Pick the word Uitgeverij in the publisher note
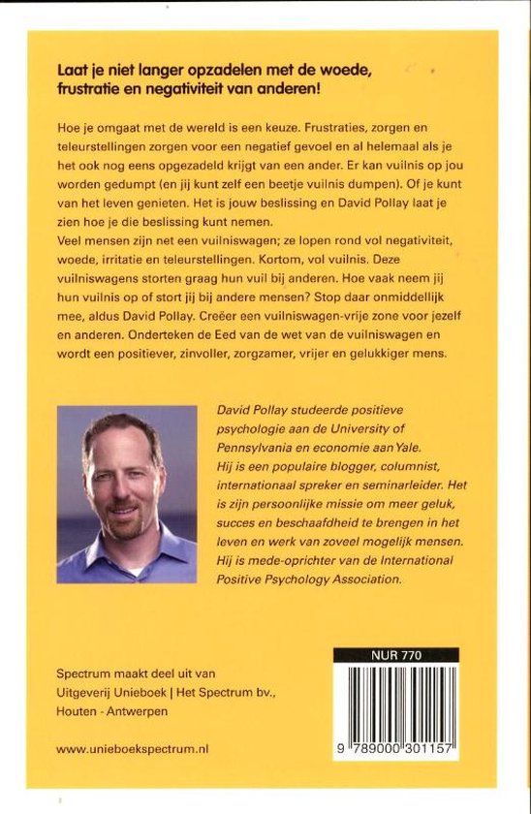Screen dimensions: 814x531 (89, 693)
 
